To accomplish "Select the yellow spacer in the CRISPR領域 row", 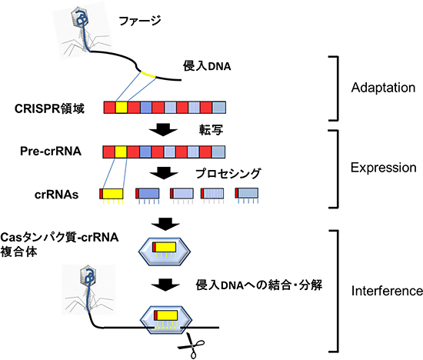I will (122, 107).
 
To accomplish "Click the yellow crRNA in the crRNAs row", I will (114, 193).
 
